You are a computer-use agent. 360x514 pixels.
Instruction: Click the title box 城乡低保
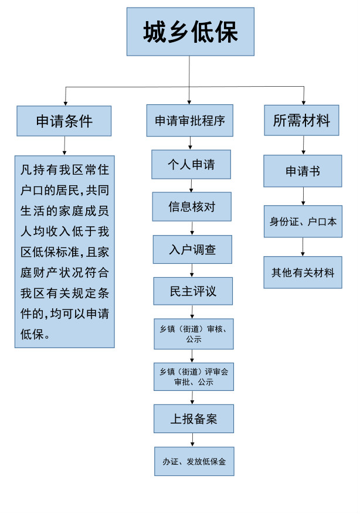[x=191, y=32]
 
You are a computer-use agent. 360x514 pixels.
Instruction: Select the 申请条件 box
[x=64, y=121]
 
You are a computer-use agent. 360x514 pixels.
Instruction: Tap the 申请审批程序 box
[x=189, y=121]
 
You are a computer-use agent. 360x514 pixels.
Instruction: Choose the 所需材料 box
[x=302, y=121]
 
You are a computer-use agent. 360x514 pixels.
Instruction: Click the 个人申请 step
[x=191, y=165]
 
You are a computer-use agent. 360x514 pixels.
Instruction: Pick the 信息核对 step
[x=191, y=206]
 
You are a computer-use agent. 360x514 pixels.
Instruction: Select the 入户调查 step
[x=192, y=249]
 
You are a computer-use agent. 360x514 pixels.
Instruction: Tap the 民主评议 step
[x=192, y=291]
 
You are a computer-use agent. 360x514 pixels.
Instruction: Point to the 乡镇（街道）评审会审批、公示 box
[x=193, y=376]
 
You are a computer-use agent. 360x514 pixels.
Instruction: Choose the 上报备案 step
[x=193, y=418]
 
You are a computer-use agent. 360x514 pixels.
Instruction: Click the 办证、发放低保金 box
[x=194, y=461]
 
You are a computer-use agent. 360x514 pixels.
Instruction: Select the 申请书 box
[x=303, y=171]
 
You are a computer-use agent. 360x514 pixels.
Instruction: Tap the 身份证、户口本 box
[x=303, y=222]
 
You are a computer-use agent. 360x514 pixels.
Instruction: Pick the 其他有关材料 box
[x=303, y=272]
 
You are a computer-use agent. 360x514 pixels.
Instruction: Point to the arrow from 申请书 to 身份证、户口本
[x=303, y=196]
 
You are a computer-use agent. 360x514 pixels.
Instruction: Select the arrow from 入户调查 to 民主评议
[x=192, y=270]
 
